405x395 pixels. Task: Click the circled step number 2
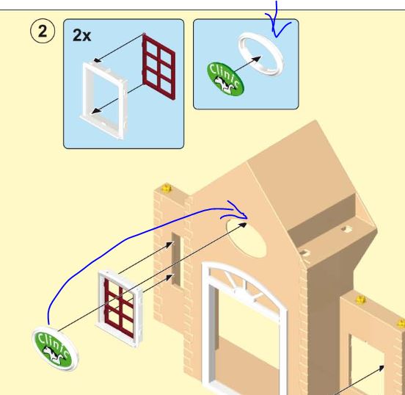click(x=43, y=32)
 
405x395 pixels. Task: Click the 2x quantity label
click(x=82, y=35)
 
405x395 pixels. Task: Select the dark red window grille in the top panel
click(x=158, y=67)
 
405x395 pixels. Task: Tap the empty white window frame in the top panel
click(x=103, y=101)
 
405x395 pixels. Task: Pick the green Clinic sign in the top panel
click(x=225, y=79)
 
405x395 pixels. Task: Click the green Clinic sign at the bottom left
click(x=55, y=349)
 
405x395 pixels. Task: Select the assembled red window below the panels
click(x=120, y=308)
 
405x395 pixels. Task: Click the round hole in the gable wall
click(x=246, y=238)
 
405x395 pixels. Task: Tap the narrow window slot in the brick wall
click(x=176, y=259)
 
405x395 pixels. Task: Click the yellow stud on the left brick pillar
click(x=167, y=187)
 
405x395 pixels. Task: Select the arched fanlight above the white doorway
click(x=244, y=283)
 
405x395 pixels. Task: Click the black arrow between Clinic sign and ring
click(x=247, y=64)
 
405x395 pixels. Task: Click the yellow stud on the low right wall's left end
click(x=360, y=300)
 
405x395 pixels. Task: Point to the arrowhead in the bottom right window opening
click(x=381, y=368)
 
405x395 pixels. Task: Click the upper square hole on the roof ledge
click(x=346, y=229)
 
